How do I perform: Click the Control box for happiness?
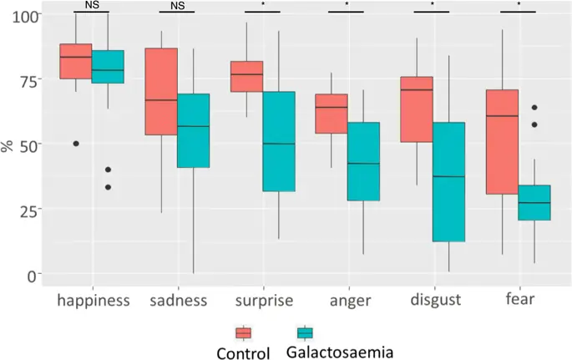pos(75,61)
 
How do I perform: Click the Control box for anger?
pos(332,114)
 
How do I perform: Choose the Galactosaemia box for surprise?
pos(279,141)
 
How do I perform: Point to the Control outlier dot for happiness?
pos(75,144)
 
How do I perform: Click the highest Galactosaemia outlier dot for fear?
pos(534,107)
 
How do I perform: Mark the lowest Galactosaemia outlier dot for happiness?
pos(109,187)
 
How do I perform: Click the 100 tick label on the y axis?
pos(25,17)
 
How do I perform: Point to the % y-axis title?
pos(8,146)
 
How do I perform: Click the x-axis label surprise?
pos(263,301)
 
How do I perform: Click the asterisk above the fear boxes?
pos(518,6)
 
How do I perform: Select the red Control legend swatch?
pos(244,332)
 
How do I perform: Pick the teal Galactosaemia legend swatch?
pos(305,332)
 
